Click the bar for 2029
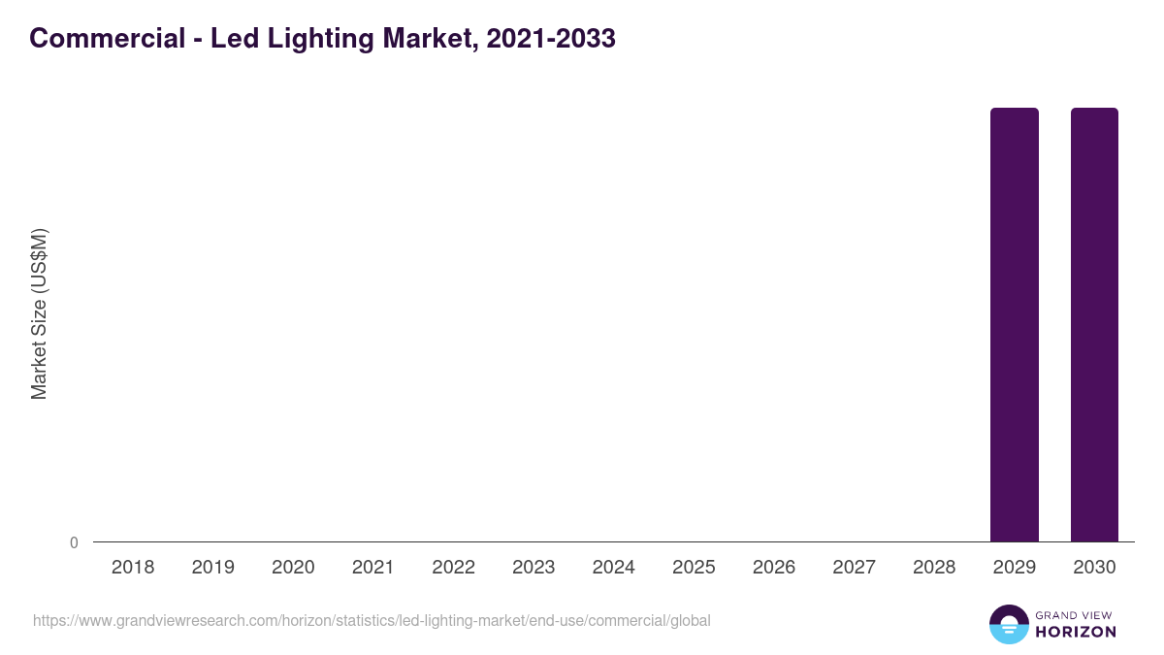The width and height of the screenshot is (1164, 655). pos(1014,324)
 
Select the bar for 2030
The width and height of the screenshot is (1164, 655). pos(1094,324)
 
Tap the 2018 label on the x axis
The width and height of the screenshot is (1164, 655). pos(133,568)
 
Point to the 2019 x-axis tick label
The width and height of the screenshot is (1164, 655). pos(212,568)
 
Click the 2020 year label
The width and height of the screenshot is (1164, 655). pos(293,568)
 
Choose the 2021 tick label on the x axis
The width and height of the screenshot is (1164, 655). pos(372,568)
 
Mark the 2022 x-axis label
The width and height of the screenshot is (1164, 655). pos(453,568)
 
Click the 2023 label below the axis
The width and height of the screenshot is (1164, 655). pos(533,568)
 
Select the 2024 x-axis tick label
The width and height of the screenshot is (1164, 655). pos(613,568)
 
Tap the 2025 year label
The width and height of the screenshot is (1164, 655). pos(694,568)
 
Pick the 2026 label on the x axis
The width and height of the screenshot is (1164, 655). pos(774,568)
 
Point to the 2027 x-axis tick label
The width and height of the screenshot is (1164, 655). pos(854,568)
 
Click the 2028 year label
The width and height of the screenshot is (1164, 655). pos(934,568)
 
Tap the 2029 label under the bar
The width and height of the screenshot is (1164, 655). pos(1014,568)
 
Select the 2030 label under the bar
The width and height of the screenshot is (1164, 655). pos(1094,568)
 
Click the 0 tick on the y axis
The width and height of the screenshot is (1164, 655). pos(74,542)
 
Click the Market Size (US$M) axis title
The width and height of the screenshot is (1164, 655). pos(39,314)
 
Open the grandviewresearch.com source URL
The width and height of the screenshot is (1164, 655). pos(372,621)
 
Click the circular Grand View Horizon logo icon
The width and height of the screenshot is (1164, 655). pos(1009,624)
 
